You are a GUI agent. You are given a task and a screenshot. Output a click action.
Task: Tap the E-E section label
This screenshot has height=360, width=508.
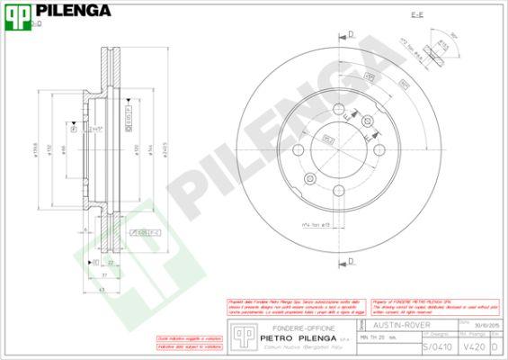pyautogui.click(x=417, y=15)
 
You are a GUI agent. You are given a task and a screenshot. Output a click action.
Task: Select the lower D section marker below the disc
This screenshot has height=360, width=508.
pyautogui.click(x=350, y=261)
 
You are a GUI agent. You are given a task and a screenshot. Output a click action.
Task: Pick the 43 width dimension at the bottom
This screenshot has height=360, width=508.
pyautogui.click(x=102, y=289)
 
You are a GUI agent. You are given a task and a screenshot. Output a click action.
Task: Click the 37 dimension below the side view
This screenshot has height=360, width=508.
pyautogui.click(x=105, y=274)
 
